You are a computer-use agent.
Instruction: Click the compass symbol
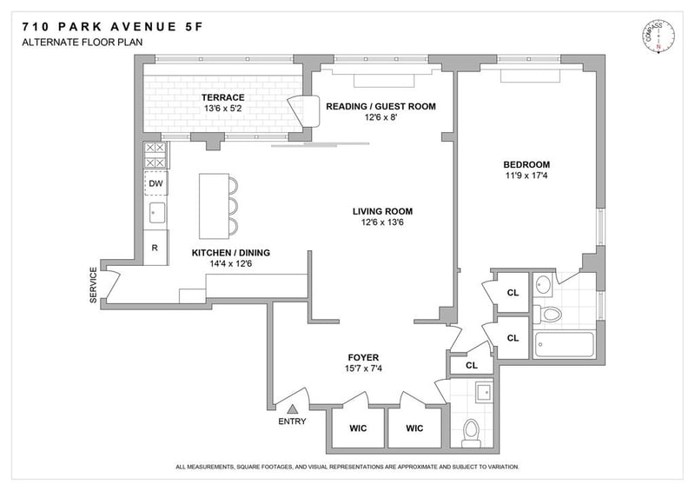tap(659, 36)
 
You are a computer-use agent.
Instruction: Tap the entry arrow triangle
tap(292, 409)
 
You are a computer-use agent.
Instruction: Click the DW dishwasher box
tap(156, 183)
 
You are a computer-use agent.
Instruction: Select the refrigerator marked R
tap(156, 248)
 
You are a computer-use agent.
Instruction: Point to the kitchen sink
tap(157, 212)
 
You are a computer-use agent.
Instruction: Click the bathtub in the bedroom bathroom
tap(564, 344)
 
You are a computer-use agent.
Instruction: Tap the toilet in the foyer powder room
tap(471, 433)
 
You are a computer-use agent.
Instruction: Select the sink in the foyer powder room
tap(484, 392)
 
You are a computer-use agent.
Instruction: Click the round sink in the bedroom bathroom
tap(542, 285)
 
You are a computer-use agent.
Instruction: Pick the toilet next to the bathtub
tap(548, 314)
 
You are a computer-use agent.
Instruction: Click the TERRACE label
tap(223, 97)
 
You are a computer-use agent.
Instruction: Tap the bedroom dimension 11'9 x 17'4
tap(526, 176)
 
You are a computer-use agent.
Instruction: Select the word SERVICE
tap(93, 285)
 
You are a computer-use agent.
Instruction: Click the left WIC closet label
tap(358, 428)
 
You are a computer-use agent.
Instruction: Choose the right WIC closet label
tap(414, 428)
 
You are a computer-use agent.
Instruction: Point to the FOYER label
tap(363, 357)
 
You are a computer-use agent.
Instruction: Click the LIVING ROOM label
tap(382, 211)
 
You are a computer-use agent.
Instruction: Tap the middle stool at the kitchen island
tap(233, 206)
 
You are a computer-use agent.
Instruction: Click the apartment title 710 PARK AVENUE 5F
tap(113, 27)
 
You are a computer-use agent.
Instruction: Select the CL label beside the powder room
tap(472, 366)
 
